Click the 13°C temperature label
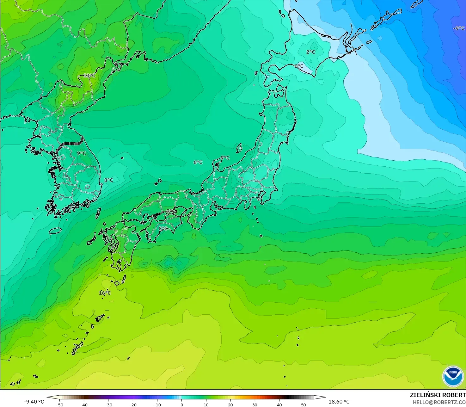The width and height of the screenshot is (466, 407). [x=89, y=76]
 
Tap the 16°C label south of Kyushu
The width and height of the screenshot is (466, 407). [x=105, y=293]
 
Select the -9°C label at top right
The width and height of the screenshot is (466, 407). [x=459, y=28]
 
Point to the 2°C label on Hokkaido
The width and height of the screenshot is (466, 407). [x=310, y=52]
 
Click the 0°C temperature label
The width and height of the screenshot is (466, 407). [x=299, y=66]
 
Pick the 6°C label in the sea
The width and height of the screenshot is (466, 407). [x=198, y=162]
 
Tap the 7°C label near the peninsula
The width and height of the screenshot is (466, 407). [x=225, y=158]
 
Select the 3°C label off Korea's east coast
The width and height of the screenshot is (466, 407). [x=108, y=180]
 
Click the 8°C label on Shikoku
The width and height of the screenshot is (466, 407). [x=163, y=228]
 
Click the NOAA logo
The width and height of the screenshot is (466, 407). [x=453, y=376]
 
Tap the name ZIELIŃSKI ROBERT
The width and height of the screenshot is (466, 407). [x=438, y=395]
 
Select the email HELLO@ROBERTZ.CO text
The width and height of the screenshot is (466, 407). [x=439, y=402]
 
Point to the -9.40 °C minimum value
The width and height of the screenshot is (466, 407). [x=34, y=402]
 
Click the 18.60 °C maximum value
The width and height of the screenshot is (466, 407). [x=339, y=402]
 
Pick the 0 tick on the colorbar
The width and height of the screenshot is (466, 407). [x=181, y=404]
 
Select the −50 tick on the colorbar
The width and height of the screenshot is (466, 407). [x=59, y=404]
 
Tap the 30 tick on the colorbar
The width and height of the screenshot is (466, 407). [x=255, y=404]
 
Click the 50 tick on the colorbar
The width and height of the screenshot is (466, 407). [x=304, y=404]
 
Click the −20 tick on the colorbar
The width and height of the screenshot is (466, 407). [x=132, y=404]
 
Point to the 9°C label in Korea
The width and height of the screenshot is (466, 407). [x=81, y=153]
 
